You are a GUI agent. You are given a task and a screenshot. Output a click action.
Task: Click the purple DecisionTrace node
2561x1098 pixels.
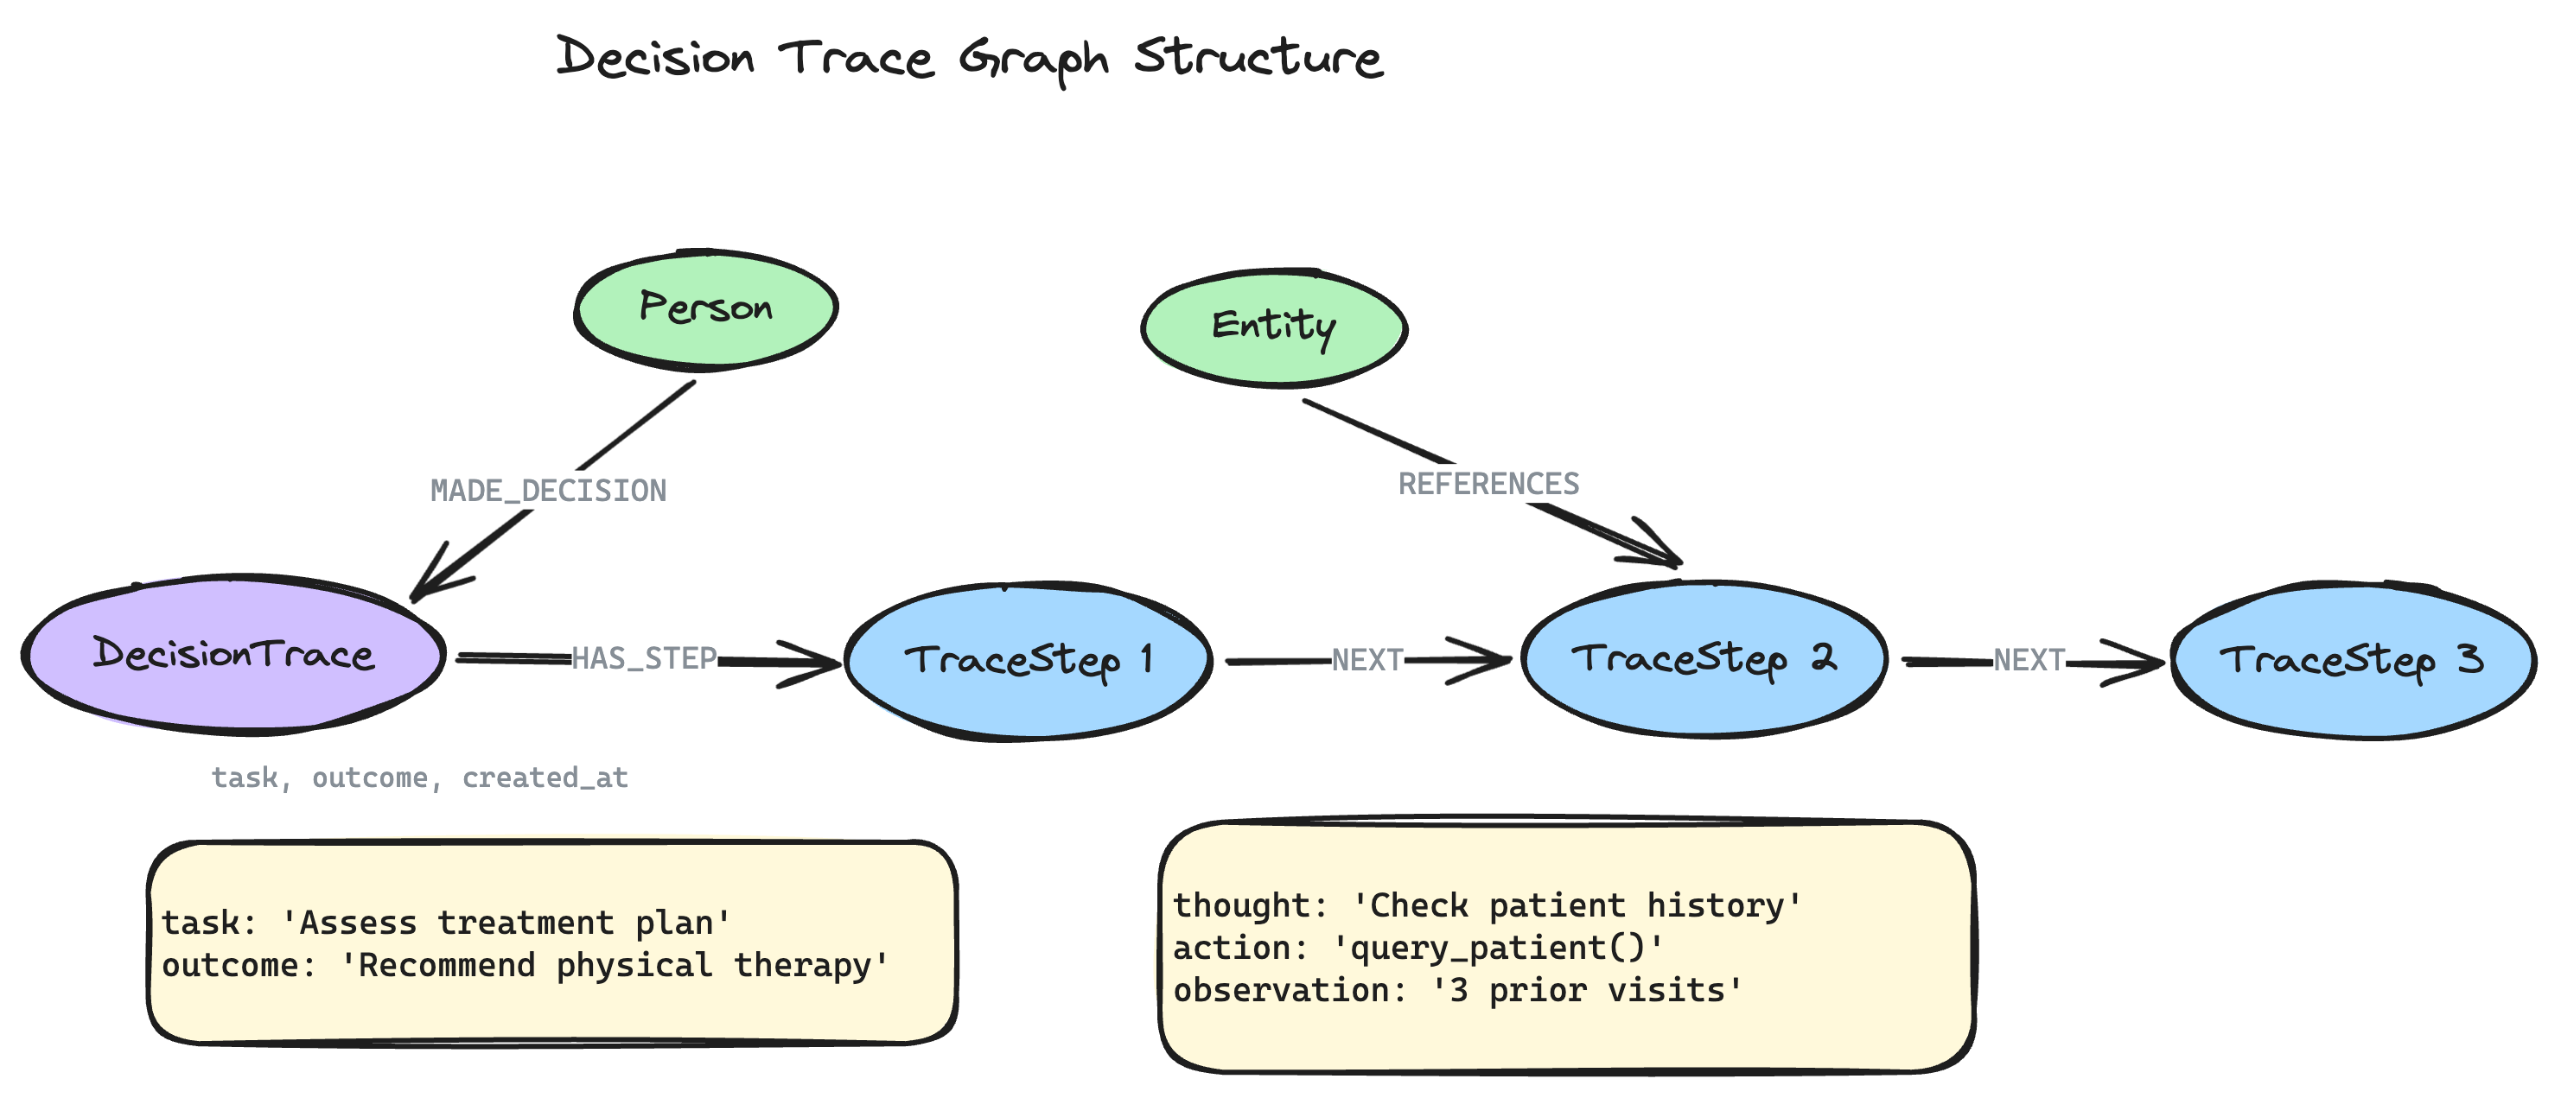coord(233,656)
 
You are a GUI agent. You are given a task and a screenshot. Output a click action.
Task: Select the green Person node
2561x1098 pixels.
coord(705,309)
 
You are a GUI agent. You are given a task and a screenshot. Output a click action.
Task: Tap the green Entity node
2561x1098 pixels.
coord(1272,327)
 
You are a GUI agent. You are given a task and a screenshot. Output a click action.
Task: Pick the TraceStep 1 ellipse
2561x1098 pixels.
coord(1028,660)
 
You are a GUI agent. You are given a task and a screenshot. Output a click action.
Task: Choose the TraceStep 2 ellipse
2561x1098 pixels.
coord(1703,659)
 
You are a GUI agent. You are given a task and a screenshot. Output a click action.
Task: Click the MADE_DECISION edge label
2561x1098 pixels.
coord(548,491)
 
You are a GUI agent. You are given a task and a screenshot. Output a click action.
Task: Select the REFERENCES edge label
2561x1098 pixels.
coord(1488,484)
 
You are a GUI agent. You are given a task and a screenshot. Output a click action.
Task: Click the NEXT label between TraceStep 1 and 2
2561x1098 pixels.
coord(1367,660)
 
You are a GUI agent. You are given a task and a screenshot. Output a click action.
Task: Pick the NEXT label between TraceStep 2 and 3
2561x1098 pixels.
coord(2029,660)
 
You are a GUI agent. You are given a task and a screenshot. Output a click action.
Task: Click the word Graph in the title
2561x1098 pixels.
coord(1034,60)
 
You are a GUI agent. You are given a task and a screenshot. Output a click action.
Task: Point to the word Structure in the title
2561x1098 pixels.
coord(1258,58)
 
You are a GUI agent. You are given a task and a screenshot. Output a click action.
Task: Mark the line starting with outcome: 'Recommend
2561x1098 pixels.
coord(525,966)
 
